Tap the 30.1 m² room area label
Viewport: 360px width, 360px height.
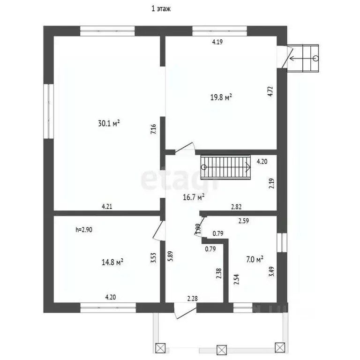(109, 123)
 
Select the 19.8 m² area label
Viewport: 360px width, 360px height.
(221, 97)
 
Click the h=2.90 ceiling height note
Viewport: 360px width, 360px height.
(84, 230)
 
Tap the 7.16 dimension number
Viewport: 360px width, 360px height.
(153, 129)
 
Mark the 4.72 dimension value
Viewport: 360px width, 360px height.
(270, 90)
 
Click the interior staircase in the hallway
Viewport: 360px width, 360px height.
(225, 166)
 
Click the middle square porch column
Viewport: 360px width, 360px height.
(221, 349)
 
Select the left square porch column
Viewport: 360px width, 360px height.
(160, 348)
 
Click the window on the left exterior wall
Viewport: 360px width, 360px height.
(48, 111)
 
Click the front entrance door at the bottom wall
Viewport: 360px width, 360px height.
(184, 311)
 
